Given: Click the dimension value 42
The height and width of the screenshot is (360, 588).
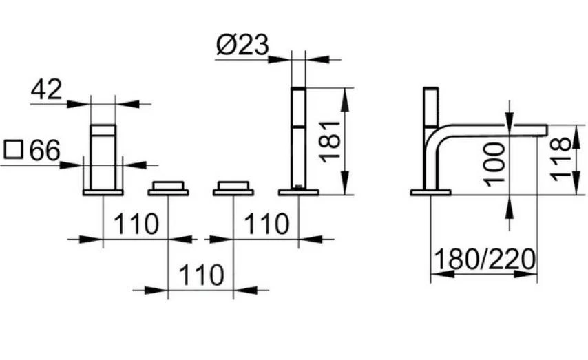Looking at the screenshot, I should (47, 89).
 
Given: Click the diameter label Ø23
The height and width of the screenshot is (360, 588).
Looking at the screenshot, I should (242, 45).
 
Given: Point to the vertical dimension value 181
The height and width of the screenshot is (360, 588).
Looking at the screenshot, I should (330, 140).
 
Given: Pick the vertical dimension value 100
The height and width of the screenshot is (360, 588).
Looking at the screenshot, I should (494, 162).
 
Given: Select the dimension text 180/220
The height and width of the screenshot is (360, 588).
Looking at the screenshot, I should (485, 260).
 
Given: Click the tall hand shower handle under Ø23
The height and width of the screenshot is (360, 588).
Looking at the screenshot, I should (298, 138).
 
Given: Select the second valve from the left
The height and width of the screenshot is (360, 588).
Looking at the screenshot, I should (168, 188).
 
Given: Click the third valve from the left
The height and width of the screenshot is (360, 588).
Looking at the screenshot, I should (233, 188).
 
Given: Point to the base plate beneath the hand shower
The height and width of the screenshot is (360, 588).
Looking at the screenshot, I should (298, 193).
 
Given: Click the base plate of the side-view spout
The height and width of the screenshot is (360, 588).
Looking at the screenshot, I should (430, 193).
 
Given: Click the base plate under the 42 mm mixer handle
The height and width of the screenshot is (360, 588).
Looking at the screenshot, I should (103, 193).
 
